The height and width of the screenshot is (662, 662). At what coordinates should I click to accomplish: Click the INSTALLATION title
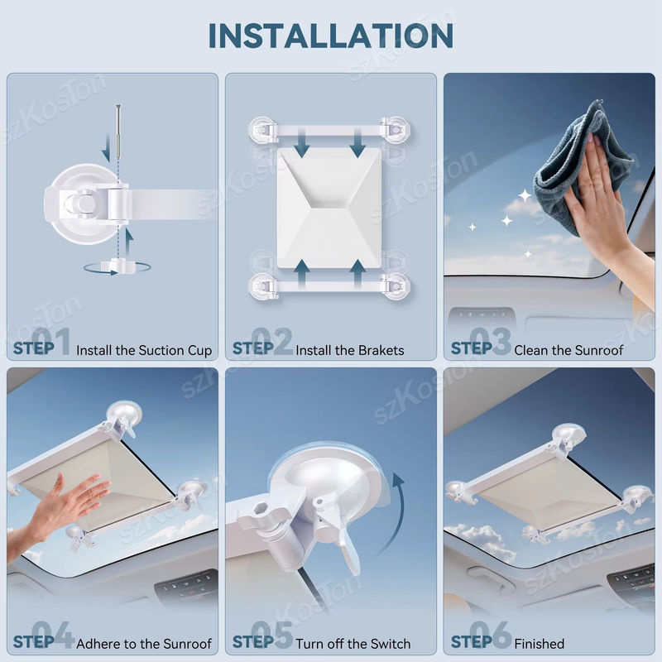(x=331, y=36)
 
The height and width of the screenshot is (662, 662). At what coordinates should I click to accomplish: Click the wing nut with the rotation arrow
(x=120, y=266)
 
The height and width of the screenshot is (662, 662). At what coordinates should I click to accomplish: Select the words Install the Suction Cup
(x=144, y=350)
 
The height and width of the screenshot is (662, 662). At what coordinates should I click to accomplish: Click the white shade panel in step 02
(x=329, y=208)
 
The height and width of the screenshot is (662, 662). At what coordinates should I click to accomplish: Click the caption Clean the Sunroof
(x=568, y=350)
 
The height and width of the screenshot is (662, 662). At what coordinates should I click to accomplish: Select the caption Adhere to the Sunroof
(x=144, y=644)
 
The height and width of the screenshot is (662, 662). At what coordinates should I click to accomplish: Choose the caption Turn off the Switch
(x=353, y=644)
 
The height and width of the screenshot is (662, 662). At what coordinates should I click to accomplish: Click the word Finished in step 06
(x=540, y=644)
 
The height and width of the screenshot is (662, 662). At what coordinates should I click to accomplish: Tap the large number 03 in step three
(x=490, y=341)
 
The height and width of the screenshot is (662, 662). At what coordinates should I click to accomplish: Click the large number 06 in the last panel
(x=490, y=635)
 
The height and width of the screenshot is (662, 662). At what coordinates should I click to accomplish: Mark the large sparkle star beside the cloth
(x=525, y=195)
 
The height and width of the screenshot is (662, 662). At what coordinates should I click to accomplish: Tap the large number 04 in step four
(x=53, y=635)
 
